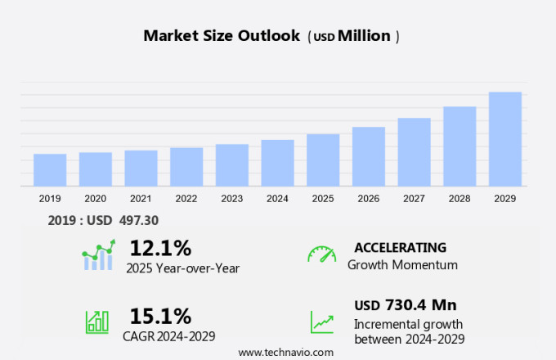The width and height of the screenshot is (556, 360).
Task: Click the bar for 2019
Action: click(50, 170)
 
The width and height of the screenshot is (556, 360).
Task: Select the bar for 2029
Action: click(505, 139)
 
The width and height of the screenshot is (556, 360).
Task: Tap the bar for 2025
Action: click(323, 160)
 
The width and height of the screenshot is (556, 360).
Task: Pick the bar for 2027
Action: click(415, 152)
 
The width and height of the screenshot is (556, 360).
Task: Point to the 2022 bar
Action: click(186, 167)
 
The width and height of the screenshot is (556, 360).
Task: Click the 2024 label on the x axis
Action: click(277, 199)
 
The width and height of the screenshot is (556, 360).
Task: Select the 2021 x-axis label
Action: click(141, 199)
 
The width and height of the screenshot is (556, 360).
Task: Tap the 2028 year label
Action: click(460, 199)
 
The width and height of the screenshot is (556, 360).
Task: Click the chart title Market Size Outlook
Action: click(222, 36)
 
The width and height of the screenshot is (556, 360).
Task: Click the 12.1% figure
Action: click(160, 247)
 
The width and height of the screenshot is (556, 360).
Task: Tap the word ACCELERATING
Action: click(400, 247)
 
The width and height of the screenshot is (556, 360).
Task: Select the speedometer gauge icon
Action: click(321, 254)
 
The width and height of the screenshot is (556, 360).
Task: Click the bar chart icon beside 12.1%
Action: click(98, 255)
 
